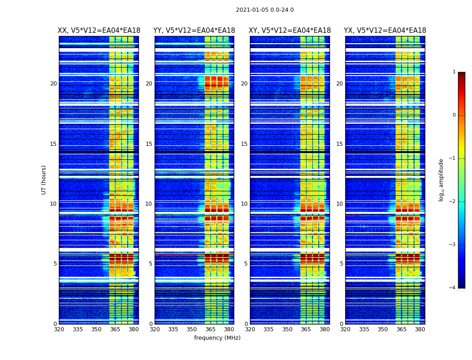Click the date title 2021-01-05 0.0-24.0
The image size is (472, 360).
(265, 10)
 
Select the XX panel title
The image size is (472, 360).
(99, 31)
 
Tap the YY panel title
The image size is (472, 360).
(194, 31)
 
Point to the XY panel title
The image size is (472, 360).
(290, 31)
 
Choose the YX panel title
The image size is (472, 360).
(385, 31)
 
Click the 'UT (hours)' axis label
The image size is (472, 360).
(44, 180)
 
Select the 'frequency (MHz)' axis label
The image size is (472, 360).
(217, 338)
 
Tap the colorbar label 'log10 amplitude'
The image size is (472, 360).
(441, 180)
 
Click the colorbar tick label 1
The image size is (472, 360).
(454, 72)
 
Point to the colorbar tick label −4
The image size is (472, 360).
(453, 288)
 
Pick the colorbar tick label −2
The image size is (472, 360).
(453, 202)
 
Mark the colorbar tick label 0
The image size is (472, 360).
(454, 115)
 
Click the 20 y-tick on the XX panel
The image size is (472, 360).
(53, 84)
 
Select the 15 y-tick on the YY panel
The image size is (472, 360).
(149, 144)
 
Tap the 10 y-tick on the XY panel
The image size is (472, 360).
(244, 204)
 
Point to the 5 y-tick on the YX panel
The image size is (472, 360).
(341, 264)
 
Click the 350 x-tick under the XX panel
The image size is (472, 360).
(96, 329)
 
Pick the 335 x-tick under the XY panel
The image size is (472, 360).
(268, 329)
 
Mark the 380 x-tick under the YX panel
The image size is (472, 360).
(420, 329)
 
